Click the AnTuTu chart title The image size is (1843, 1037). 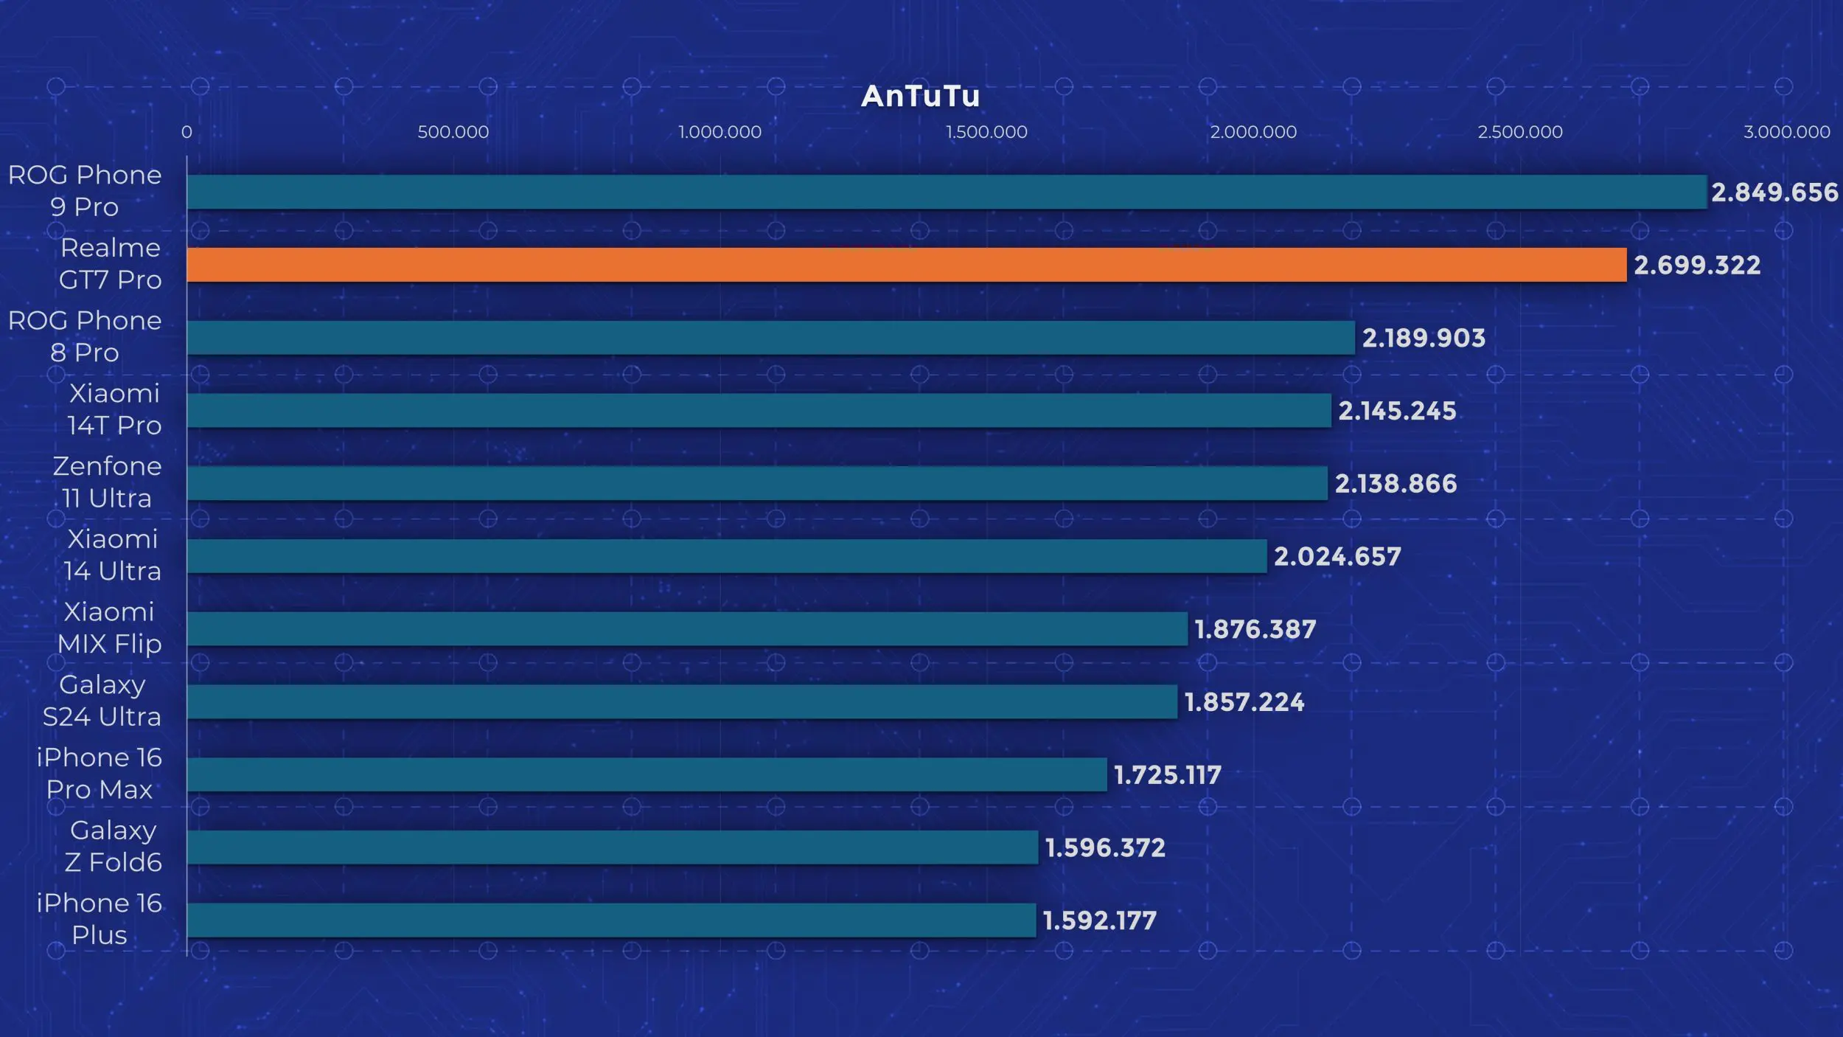click(920, 97)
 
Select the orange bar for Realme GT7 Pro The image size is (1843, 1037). click(906, 265)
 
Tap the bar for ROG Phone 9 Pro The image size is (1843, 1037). click(947, 192)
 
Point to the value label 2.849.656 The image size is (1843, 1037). click(1774, 193)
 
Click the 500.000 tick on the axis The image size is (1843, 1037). click(453, 132)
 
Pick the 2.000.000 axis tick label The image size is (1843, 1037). click(1253, 132)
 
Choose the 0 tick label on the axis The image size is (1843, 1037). click(187, 132)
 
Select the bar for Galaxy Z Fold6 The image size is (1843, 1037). click(612, 847)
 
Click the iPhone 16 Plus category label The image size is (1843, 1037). click(99, 919)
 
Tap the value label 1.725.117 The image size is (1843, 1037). click(1167, 775)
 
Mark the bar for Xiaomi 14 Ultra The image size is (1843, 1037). click(726, 556)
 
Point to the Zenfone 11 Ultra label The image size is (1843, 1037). click(107, 482)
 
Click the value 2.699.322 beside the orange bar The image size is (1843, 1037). click(1696, 266)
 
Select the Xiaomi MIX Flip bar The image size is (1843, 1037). click(686, 629)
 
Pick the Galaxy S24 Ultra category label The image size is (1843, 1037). click(102, 701)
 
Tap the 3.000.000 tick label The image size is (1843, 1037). click(1785, 132)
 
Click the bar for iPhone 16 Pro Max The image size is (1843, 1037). click(647, 774)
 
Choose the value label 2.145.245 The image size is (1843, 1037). click(1396, 411)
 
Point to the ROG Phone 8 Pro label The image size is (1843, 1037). click(85, 336)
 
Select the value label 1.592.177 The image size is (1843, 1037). click(1099, 920)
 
